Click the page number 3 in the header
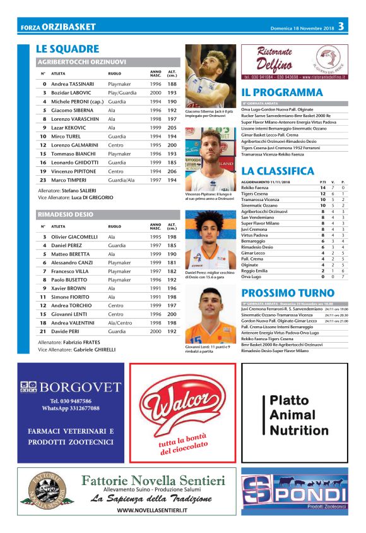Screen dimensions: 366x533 click(x=341, y=26)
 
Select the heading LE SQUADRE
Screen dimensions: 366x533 click(x=68, y=49)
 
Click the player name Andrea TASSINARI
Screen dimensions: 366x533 click(x=73, y=84)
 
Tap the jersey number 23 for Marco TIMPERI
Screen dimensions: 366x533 click(x=44, y=180)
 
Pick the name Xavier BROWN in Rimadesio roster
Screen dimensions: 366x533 click(x=70, y=288)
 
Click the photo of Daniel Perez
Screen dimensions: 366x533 click(x=210, y=239)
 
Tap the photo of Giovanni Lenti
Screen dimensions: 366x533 click(x=210, y=316)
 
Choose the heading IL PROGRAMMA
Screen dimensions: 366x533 click(x=282, y=92)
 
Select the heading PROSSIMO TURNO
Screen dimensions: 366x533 click(x=288, y=293)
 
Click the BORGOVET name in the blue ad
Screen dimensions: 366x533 click(x=79, y=386)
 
